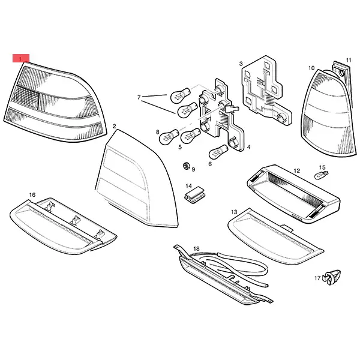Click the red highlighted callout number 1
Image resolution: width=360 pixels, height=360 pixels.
(x=21, y=58)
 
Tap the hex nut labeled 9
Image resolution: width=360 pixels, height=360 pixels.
(x=186, y=166)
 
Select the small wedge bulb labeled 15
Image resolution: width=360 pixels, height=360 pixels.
(x=321, y=176)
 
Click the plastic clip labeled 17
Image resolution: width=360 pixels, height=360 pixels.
(x=332, y=277)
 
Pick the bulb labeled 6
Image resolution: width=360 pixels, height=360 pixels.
(x=218, y=152)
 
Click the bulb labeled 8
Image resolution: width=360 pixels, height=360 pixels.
(x=169, y=137)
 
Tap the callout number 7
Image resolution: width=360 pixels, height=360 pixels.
(x=139, y=97)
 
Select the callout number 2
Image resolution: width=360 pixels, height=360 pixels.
(x=115, y=126)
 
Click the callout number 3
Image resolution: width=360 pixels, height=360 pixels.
(x=241, y=64)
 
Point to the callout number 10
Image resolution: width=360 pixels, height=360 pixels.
(x=311, y=68)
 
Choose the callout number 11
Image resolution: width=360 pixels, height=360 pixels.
(x=349, y=60)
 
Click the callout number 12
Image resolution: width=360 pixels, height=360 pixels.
(x=296, y=171)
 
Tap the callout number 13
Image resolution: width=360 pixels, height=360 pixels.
(x=234, y=212)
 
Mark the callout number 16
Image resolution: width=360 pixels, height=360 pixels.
(x=32, y=194)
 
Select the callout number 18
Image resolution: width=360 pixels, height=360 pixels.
(x=196, y=248)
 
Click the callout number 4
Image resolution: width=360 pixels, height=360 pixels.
(x=248, y=147)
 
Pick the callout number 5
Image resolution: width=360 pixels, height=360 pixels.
(x=180, y=147)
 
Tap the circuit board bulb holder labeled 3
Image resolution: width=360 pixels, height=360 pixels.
(x=266, y=91)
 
